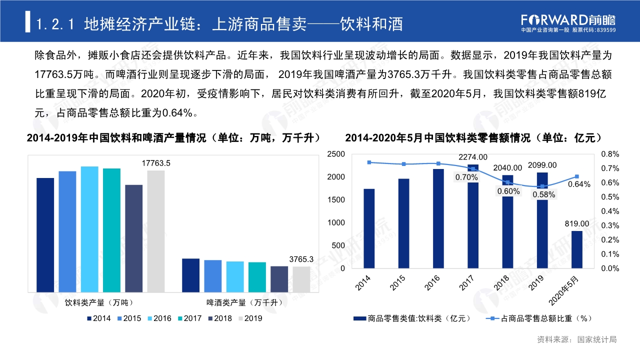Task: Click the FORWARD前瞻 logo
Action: [x=568, y=20]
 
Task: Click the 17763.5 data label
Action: [x=156, y=163]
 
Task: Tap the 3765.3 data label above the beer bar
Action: [x=301, y=259]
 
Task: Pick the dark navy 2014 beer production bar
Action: [x=190, y=275]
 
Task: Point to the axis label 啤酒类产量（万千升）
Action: [x=245, y=302]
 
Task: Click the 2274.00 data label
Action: [x=472, y=157]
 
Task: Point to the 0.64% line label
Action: [x=579, y=184]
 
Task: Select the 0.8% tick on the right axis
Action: [x=610, y=154]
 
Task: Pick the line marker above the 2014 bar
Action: [x=369, y=162]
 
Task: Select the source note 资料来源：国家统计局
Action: [x=576, y=339]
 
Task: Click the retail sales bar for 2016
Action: [x=438, y=218]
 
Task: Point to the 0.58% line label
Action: [x=543, y=195]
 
